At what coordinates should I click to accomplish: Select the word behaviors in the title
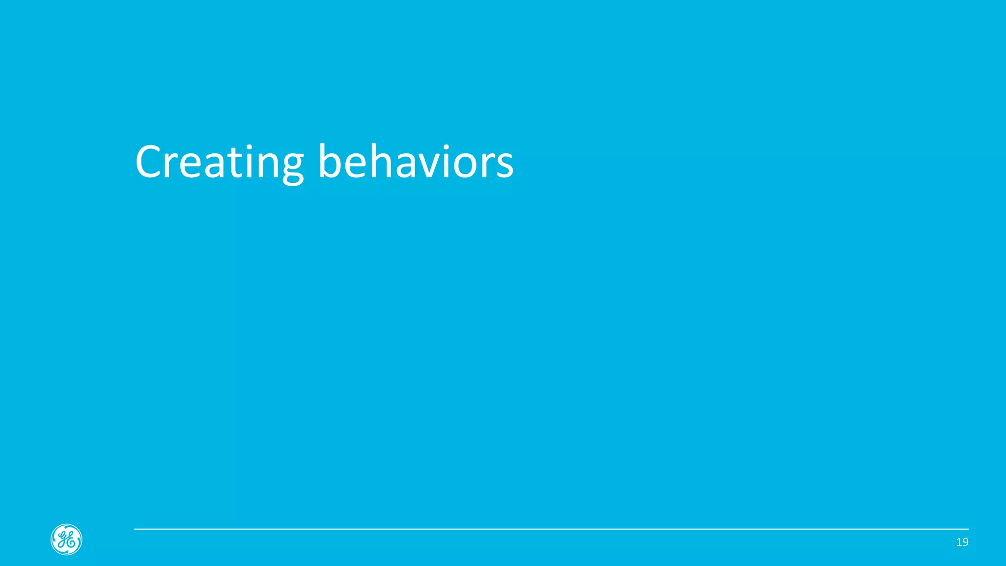(x=416, y=162)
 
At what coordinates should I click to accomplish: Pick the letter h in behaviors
(x=380, y=161)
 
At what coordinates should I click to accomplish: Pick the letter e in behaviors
(x=355, y=164)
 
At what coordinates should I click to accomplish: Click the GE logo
(x=66, y=539)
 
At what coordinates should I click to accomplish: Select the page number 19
(x=962, y=542)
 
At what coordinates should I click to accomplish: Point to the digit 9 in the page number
(x=965, y=542)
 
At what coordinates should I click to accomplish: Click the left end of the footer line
(x=135, y=529)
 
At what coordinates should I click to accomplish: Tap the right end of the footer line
(x=968, y=529)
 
